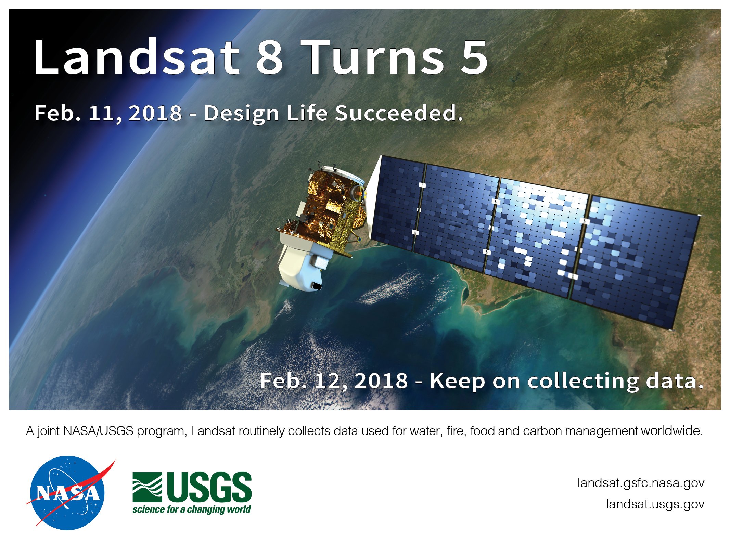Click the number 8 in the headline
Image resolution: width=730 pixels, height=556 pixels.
pos(270,57)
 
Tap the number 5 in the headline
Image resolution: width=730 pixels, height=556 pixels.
pos(474,57)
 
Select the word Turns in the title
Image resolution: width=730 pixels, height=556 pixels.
pos(374,57)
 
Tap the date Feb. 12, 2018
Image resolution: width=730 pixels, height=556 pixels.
pos(334,380)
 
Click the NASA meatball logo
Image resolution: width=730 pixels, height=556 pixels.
pos(68,493)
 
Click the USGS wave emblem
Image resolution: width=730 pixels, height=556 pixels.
pos(147,487)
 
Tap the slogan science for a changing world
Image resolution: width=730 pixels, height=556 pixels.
pos(192,509)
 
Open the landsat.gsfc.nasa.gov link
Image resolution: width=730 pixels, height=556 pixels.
pos(640,483)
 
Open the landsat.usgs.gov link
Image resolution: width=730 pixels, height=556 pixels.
pos(655,504)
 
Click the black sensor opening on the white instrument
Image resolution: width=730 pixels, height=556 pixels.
pos(317,286)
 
